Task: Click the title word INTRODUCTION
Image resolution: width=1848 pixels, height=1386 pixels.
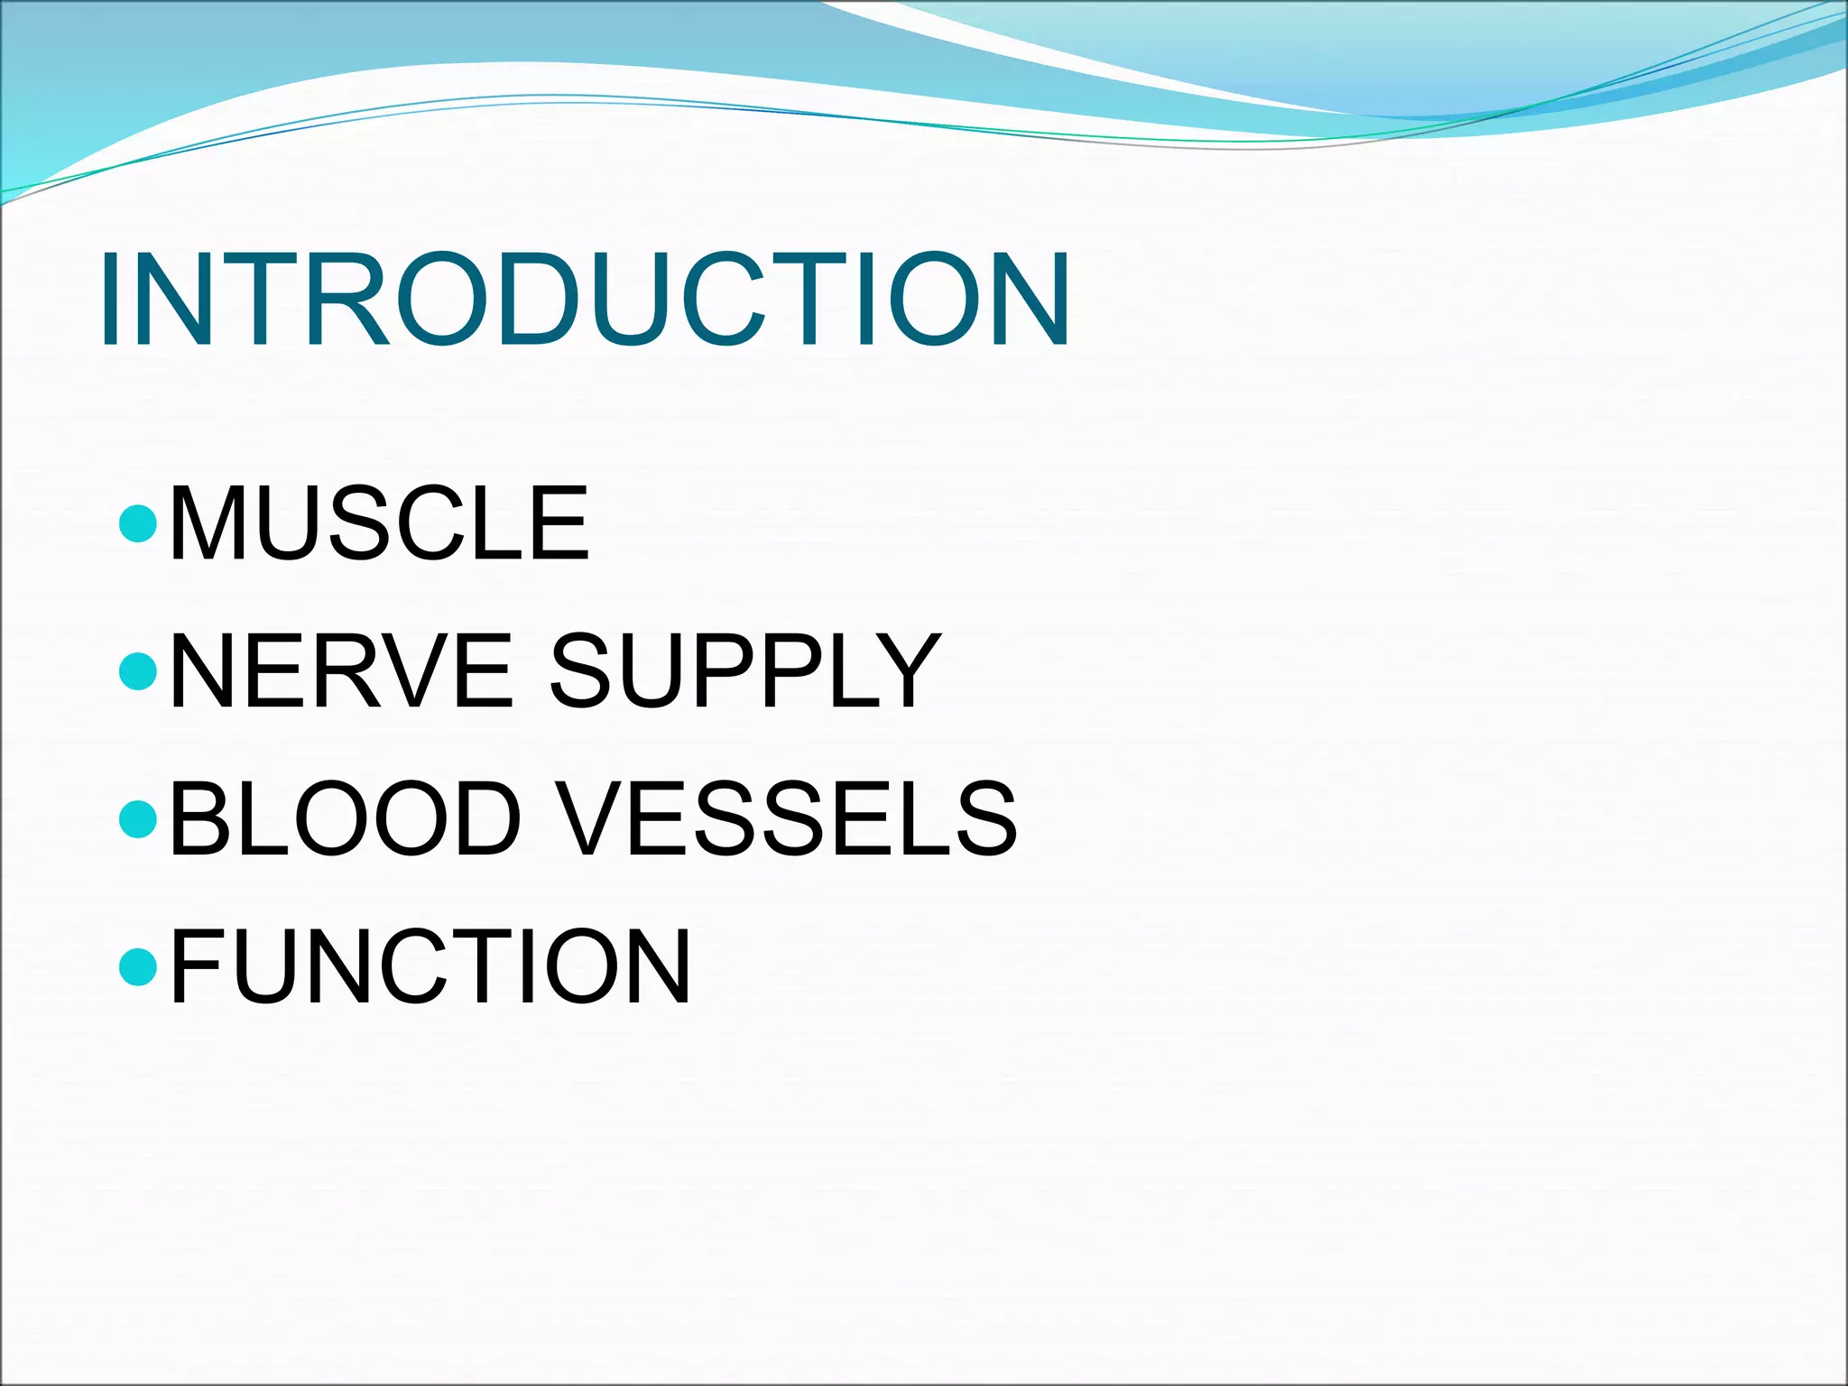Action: tap(585, 300)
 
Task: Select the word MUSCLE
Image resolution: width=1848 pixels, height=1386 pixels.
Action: tap(379, 523)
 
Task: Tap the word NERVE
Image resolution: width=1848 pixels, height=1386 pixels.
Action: tap(341, 671)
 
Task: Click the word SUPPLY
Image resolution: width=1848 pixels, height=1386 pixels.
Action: tap(745, 671)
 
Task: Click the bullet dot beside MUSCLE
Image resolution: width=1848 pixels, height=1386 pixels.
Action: tap(138, 523)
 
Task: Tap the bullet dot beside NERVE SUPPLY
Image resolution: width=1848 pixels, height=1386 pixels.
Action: tap(138, 671)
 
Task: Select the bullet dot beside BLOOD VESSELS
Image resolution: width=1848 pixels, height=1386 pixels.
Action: tap(138, 818)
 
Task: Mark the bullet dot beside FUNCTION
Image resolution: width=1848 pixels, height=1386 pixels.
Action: tap(138, 966)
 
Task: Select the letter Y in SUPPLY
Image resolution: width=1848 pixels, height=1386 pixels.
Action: tap(902, 671)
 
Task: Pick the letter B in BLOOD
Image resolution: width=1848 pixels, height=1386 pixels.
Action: tap(199, 818)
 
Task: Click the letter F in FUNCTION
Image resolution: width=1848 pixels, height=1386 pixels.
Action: tap(194, 966)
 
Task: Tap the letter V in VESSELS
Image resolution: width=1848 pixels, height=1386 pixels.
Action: tap(591, 818)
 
